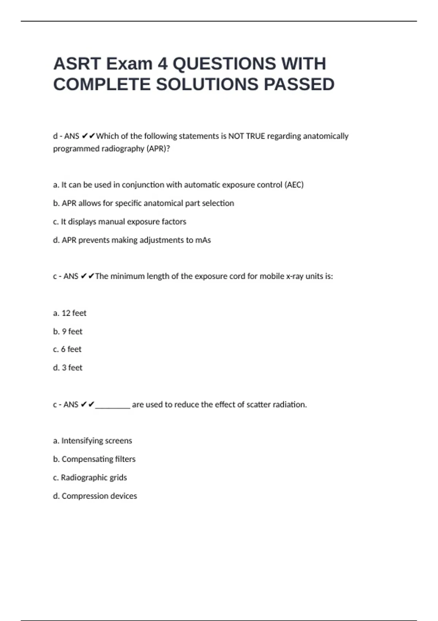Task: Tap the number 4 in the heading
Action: pos(162,64)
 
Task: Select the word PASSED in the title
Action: pos(299,85)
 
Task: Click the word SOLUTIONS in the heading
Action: pos(207,85)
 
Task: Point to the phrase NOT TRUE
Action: pos(247,136)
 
